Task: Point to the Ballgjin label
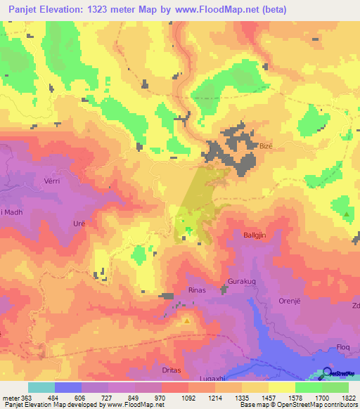pos(255,235)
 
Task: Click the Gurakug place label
pos(238,282)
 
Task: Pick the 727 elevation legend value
pos(119,399)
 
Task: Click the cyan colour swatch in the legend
pos(41,387)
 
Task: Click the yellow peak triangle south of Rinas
pos(186,321)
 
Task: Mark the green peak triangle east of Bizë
pos(347,212)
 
